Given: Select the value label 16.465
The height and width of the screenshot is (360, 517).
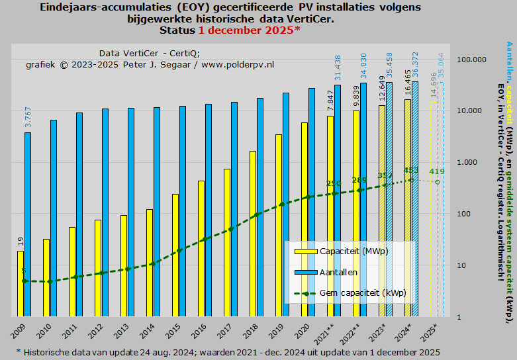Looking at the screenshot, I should [x=408, y=84].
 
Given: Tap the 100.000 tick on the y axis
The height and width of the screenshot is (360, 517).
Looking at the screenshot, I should [x=472, y=60].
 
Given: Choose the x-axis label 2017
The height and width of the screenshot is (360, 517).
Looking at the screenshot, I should [x=226, y=328].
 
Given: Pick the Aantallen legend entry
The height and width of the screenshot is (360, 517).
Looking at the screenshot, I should [x=338, y=272].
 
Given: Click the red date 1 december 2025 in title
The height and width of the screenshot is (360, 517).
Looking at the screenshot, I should [x=246, y=30].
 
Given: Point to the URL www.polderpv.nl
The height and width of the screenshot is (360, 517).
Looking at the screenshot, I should [x=238, y=65].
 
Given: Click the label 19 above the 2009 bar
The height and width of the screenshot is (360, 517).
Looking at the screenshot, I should [x=21, y=241].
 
